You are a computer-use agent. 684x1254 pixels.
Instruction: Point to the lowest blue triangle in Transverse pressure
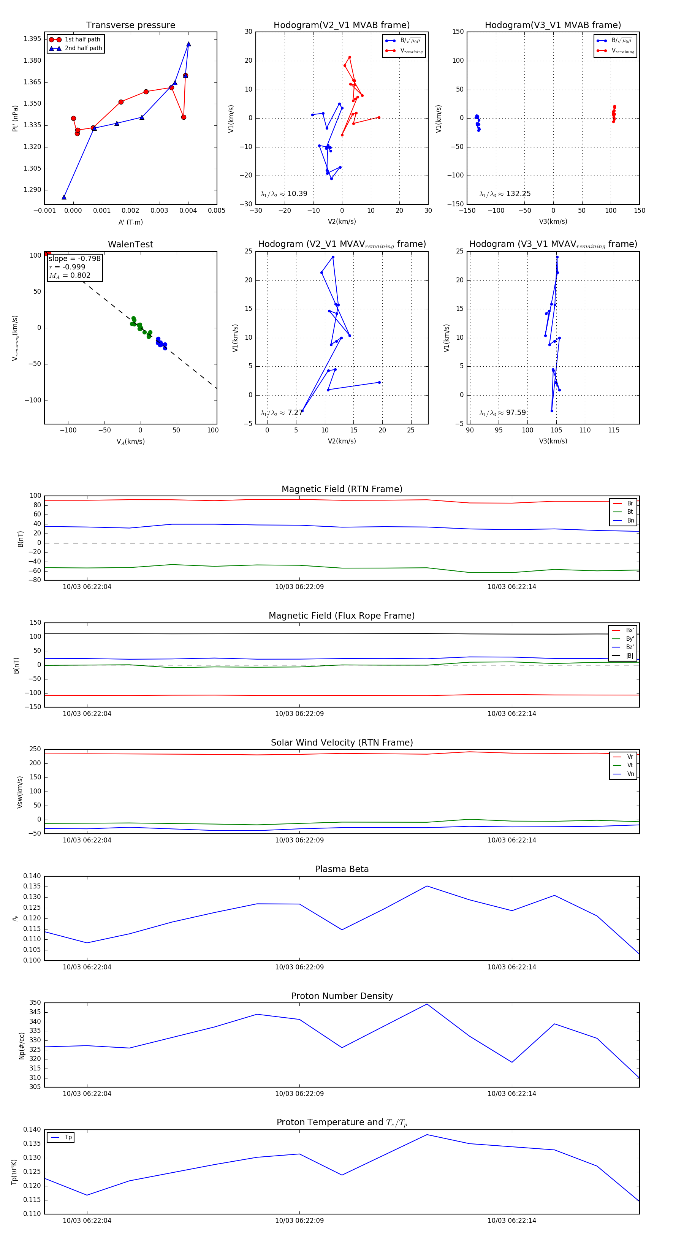click(x=64, y=197)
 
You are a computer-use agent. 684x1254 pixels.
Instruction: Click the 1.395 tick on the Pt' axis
click(x=32, y=39)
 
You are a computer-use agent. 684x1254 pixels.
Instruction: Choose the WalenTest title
click(x=130, y=244)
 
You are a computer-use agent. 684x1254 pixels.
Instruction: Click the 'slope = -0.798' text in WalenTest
click(x=74, y=258)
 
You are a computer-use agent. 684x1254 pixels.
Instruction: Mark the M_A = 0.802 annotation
click(x=70, y=275)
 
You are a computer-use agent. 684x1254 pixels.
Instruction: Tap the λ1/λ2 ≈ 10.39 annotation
click(x=284, y=194)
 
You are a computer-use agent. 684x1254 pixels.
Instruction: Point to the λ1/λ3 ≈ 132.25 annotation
click(x=505, y=194)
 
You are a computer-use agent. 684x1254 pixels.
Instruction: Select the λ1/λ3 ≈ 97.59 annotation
click(x=502, y=413)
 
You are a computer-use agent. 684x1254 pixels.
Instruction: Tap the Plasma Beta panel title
click(x=342, y=869)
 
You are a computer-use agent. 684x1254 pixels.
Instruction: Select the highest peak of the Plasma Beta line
click(x=427, y=886)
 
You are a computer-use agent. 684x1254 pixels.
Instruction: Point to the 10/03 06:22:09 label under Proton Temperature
click(x=299, y=1221)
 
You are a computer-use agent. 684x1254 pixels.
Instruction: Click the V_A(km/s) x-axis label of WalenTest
click(x=130, y=442)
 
